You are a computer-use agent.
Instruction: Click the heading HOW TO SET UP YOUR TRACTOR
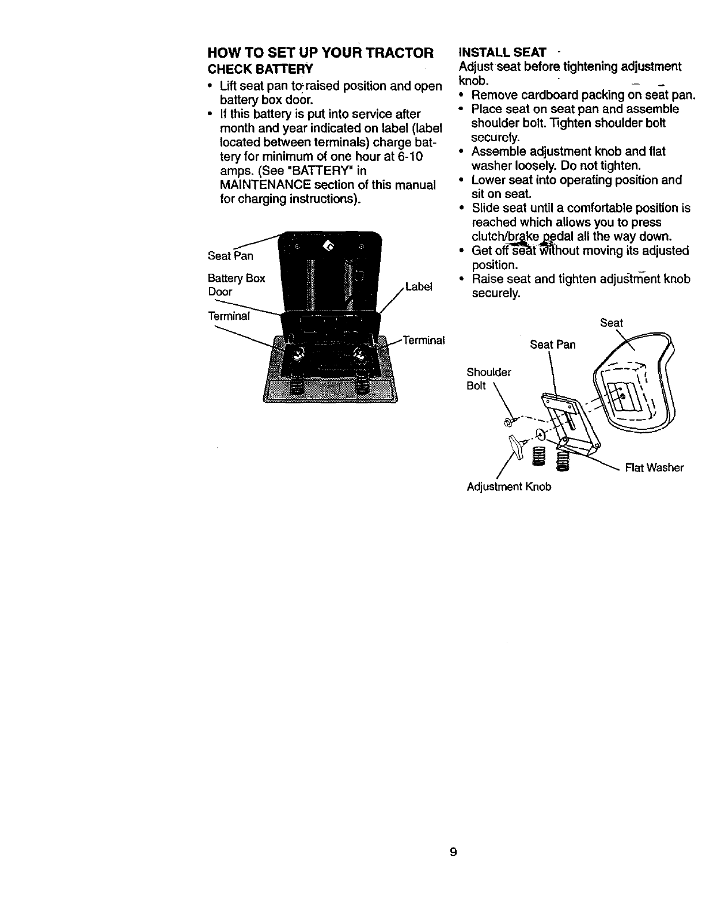click(x=320, y=54)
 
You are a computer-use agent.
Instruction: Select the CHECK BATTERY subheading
click(x=260, y=69)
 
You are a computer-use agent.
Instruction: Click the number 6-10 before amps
click(x=408, y=157)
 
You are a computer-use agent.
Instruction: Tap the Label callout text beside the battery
click(x=419, y=287)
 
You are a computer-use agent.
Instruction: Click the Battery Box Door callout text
click(x=236, y=285)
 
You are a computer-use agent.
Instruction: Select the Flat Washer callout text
click(x=654, y=467)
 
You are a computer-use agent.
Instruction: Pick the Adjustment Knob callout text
click(x=509, y=487)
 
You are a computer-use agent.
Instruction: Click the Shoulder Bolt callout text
click(x=489, y=378)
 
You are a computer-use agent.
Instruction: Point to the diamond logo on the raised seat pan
click(x=329, y=247)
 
